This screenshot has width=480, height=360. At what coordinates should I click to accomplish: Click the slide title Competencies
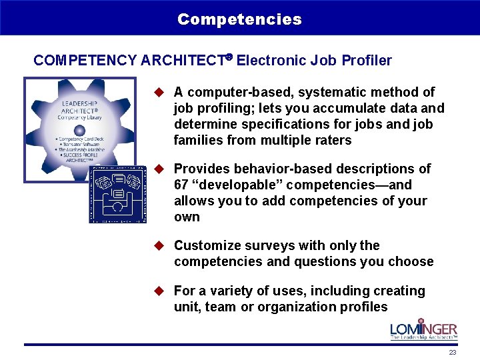click(239, 19)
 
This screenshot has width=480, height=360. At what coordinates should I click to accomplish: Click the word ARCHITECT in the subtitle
click(181, 61)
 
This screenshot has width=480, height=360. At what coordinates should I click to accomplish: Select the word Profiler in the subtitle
click(367, 61)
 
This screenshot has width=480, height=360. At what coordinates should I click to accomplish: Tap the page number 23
click(453, 352)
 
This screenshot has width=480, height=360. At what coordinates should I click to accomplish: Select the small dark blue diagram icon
click(117, 194)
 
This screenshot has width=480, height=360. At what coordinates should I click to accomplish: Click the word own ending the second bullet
click(187, 217)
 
